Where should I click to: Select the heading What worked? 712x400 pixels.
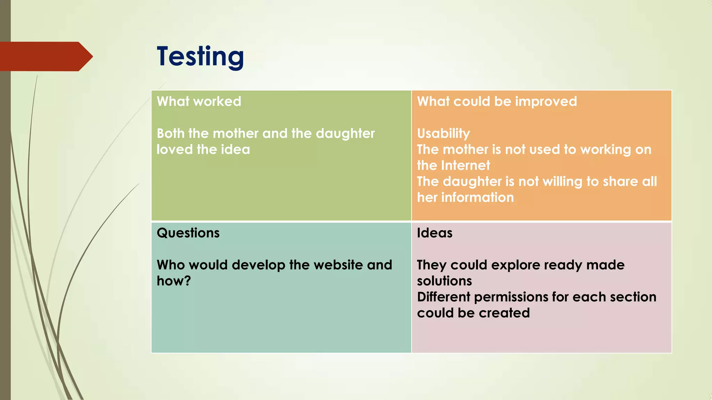coord(199,101)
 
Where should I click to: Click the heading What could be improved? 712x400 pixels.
coord(497,101)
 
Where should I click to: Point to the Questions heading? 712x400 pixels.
coord(188,233)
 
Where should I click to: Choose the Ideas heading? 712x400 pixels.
coord(435,233)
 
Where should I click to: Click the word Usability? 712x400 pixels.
coord(443,134)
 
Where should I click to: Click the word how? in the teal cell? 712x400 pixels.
coord(174,281)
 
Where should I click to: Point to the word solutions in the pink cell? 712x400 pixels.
coord(444,281)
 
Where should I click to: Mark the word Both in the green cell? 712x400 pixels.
coord(170,134)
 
